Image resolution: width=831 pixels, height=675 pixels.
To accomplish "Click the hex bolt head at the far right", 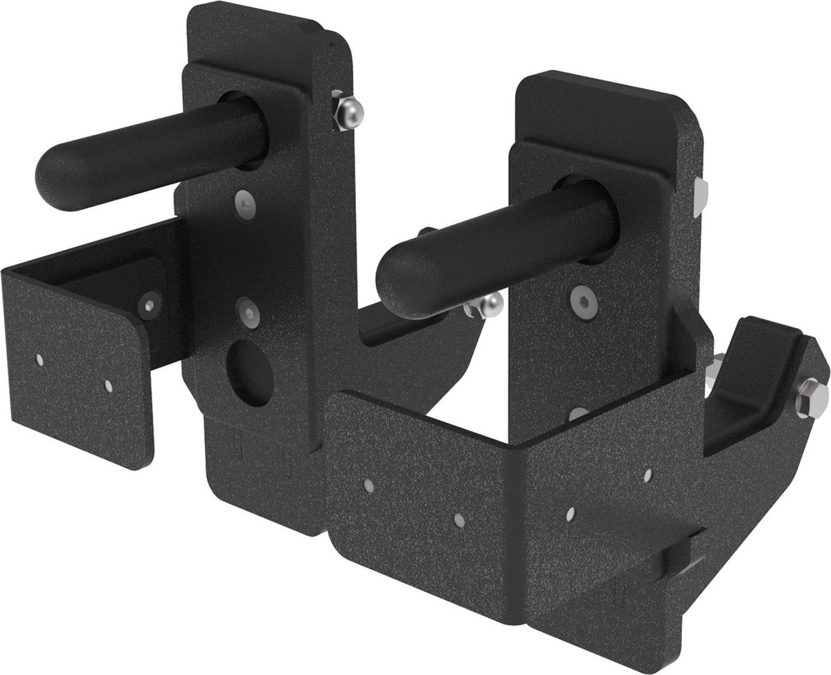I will pyautogui.click(x=811, y=399).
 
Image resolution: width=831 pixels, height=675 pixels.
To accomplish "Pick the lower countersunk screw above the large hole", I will pyautogui.click(x=247, y=312).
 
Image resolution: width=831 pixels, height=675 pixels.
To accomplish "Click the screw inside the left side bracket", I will pyautogui.click(x=149, y=305).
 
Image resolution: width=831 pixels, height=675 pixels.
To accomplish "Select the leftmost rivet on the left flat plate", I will pyautogui.click(x=40, y=359).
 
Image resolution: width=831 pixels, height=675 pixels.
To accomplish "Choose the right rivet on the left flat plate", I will pyautogui.click(x=108, y=386).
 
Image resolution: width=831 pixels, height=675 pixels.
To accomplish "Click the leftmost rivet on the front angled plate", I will pyautogui.click(x=369, y=487).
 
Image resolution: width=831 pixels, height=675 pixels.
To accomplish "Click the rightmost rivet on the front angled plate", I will pyautogui.click(x=647, y=476).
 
